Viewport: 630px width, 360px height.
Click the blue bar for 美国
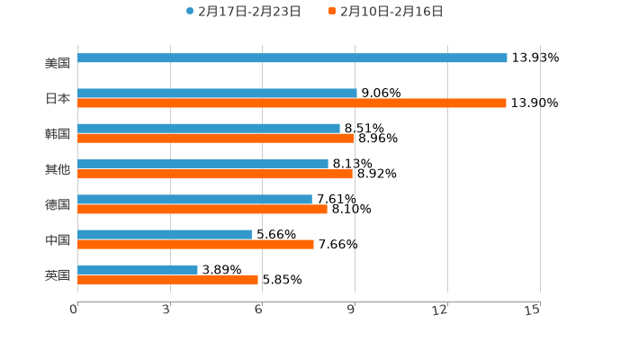[x=292, y=58]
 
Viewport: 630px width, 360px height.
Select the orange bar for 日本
[x=292, y=103]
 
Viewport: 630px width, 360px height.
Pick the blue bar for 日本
[x=217, y=94]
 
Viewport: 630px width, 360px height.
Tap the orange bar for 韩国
[x=216, y=139]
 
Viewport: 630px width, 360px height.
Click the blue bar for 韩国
[x=209, y=129]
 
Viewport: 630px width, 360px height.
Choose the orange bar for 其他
[x=215, y=174]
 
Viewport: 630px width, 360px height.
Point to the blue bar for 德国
[x=194, y=200]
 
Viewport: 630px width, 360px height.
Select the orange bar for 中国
[x=195, y=244]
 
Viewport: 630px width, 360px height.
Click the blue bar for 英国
[x=138, y=270]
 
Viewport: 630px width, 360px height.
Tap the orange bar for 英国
[x=167, y=280]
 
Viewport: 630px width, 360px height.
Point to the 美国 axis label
[x=58, y=64]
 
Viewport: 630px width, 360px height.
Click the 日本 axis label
[x=58, y=99]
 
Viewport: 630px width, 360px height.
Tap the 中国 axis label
[x=58, y=240]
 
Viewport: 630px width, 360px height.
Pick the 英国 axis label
[x=58, y=275]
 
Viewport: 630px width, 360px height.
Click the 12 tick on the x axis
[x=440, y=310]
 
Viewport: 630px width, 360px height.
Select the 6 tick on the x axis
[x=258, y=310]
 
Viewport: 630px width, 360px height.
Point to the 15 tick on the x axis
[x=532, y=310]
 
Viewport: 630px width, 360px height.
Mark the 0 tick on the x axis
[x=75, y=310]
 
